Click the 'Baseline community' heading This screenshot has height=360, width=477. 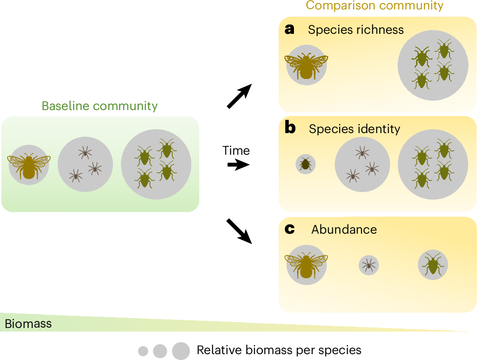point(100,106)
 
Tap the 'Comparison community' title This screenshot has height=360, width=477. point(375,5)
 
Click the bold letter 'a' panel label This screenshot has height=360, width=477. point(289,29)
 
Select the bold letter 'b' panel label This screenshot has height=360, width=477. point(290,128)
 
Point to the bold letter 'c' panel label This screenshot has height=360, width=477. point(289,229)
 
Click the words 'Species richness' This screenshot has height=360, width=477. point(356,30)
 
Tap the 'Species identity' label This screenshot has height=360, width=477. point(354,129)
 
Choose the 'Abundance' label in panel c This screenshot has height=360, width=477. point(344,229)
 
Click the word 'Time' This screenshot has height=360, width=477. point(236,150)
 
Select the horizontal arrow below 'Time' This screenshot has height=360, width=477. point(238,165)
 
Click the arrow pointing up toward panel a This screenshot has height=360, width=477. point(239,96)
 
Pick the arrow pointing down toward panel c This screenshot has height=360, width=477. point(239,231)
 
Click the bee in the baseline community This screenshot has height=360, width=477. point(29,165)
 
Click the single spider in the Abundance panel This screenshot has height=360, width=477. point(369,265)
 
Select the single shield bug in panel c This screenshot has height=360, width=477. point(433,264)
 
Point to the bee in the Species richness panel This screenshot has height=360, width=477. point(306,65)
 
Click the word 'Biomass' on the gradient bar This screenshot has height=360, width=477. point(28,323)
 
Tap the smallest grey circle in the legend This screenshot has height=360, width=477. point(143,351)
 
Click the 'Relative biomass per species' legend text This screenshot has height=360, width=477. point(279,350)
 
